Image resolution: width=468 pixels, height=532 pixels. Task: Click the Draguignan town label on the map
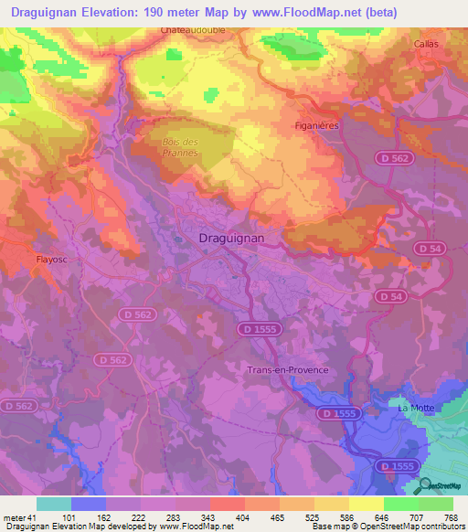[232, 238]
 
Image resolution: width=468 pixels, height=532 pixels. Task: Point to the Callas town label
[426, 44]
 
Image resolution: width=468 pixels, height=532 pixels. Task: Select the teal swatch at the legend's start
[53, 504]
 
